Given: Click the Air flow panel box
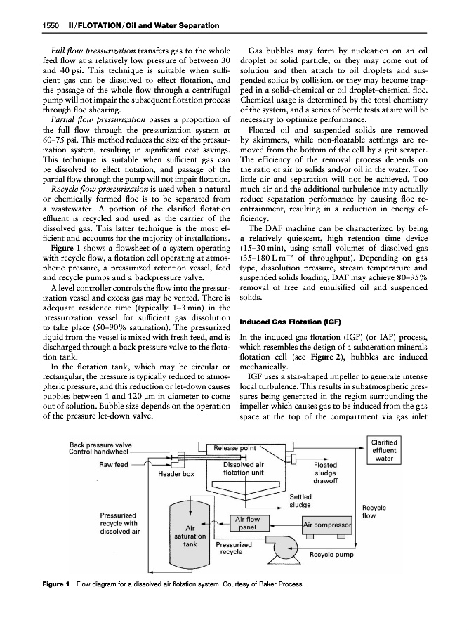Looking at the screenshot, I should [246, 523].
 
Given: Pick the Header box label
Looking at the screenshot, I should [176, 474].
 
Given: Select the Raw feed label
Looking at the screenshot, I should [112, 464].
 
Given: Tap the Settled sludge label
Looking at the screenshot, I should [300, 501].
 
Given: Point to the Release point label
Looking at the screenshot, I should [234, 448].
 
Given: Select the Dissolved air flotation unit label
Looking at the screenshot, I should [242, 468].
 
